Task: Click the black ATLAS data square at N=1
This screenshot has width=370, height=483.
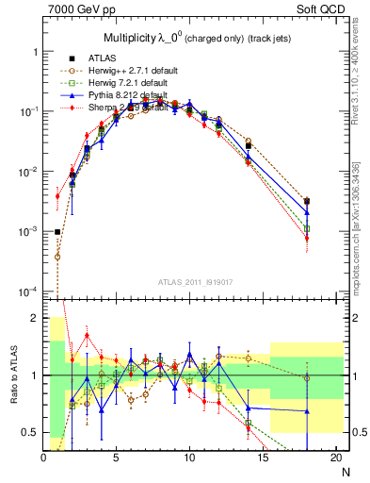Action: click(x=57, y=231)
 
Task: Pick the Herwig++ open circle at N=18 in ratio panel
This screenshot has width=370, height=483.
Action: click(x=307, y=377)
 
